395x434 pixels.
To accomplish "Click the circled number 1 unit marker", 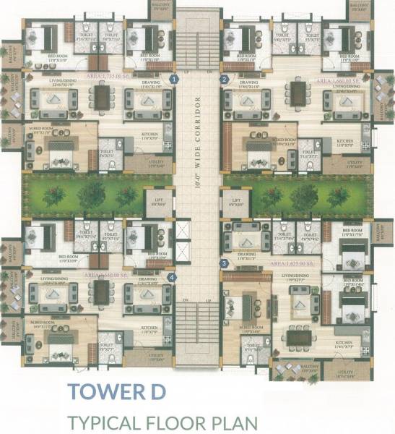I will [x=173, y=78].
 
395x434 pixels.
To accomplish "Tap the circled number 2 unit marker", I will [x=225, y=78].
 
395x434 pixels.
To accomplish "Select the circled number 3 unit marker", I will [x=225, y=263].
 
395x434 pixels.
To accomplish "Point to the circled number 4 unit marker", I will [x=172, y=276].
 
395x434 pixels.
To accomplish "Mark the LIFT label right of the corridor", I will [x=235, y=202].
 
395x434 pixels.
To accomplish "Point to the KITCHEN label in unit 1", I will [x=149, y=135].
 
